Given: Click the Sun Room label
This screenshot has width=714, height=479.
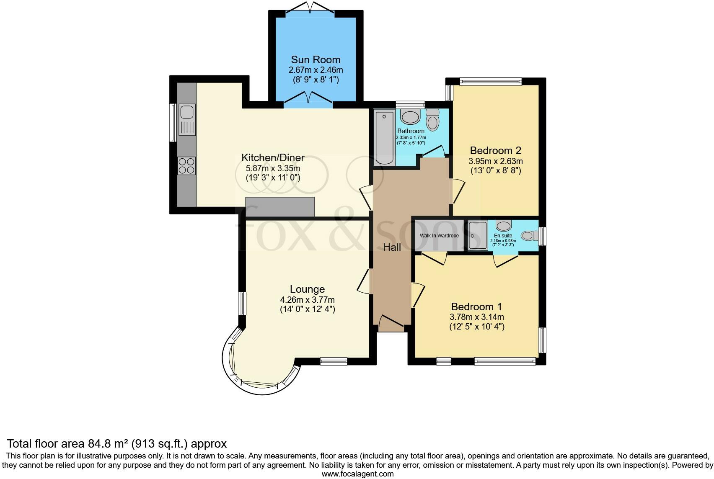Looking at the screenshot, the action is (x=316, y=59).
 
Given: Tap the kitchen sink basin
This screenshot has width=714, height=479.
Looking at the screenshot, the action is (x=187, y=113).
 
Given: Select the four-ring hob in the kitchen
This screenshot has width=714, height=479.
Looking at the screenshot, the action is (x=187, y=166).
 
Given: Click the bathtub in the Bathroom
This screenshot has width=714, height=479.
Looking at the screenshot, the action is (x=384, y=138).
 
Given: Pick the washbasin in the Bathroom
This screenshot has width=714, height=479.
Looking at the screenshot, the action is (x=410, y=117).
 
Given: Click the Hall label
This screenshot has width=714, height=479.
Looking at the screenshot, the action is (x=392, y=247).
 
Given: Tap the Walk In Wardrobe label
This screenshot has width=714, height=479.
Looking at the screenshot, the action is (x=439, y=236).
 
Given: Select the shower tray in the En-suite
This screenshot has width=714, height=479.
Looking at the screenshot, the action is (x=478, y=236).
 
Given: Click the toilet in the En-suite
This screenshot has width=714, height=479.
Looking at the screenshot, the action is (x=530, y=236).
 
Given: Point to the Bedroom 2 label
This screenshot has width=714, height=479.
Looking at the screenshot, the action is (x=496, y=150).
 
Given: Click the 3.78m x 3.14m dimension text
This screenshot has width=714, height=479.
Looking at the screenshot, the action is (x=477, y=317).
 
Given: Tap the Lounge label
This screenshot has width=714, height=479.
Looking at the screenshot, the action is (x=307, y=289).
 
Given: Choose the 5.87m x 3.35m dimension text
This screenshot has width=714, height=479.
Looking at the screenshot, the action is (x=273, y=168).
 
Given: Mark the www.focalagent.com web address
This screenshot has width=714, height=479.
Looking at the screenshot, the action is (x=358, y=474).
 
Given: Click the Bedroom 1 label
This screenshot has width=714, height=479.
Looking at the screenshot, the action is (x=476, y=306).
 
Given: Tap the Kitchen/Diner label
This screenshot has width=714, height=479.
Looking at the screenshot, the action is (x=273, y=158).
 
